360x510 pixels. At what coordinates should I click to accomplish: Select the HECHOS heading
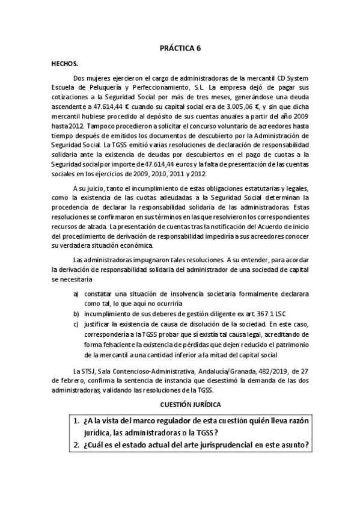[x=64, y=63]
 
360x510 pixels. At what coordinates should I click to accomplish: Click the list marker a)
[x=76, y=295]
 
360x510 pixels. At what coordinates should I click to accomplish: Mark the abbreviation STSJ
[x=88, y=370]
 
